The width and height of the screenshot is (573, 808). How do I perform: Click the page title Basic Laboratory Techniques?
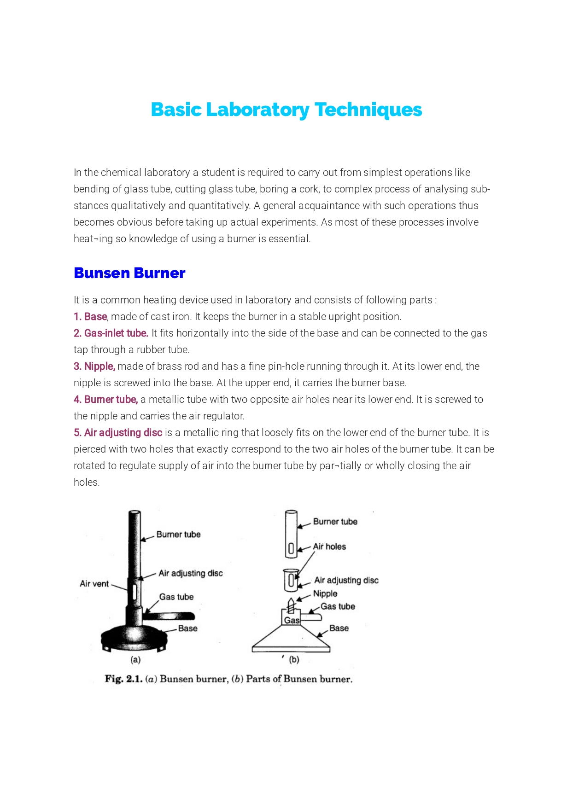coord(286,110)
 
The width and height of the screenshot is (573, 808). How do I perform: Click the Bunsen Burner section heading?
coord(129,273)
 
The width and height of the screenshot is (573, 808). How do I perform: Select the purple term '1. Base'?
coord(90,317)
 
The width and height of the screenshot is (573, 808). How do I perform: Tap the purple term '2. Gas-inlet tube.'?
coord(111,333)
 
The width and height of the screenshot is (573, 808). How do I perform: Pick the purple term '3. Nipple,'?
coord(94,366)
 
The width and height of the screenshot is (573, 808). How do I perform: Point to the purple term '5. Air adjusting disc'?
coord(118,433)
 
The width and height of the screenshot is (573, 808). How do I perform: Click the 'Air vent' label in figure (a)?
coord(94,584)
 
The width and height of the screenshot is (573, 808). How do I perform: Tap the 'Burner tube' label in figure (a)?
coord(178,535)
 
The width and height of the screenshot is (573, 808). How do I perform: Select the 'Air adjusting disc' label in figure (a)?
coord(190,573)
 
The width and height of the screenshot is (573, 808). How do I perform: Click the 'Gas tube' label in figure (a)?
coord(176,597)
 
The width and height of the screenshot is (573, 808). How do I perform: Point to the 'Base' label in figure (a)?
coord(187,628)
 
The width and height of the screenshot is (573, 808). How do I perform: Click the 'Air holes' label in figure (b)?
coord(329,547)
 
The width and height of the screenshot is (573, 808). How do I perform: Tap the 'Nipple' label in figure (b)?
coord(325,594)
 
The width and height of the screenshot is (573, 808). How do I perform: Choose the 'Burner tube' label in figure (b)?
coord(335,522)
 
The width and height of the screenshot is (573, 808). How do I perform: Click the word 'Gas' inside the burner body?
coord(292,620)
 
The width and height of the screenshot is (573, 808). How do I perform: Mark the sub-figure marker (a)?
coord(135,660)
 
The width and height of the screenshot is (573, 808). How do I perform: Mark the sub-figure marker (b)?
coord(294,660)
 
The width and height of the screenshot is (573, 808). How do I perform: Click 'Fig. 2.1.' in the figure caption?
coord(123,679)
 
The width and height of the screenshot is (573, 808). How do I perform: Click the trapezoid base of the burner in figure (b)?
coord(291,640)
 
